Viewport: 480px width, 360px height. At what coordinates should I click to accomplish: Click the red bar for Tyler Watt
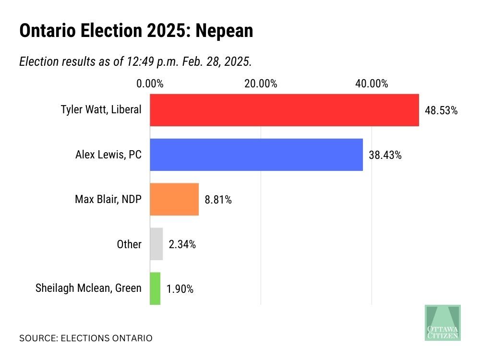point(284,110)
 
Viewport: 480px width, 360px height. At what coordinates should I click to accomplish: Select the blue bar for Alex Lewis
point(256,155)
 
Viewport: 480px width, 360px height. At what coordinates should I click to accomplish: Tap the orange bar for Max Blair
point(174,199)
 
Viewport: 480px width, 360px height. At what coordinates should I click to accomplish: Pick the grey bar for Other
point(156,244)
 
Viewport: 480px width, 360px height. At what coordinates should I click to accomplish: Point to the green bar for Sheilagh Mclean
point(155,288)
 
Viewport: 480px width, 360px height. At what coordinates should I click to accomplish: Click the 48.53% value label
point(441,110)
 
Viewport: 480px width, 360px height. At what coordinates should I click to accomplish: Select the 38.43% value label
point(385,155)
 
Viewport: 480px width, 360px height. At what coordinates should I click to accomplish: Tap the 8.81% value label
point(218,200)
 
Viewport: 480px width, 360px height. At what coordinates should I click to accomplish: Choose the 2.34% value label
point(182,244)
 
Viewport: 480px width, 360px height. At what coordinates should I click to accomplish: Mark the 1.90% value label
point(180,289)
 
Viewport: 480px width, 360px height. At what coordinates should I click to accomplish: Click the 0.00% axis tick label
point(150,84)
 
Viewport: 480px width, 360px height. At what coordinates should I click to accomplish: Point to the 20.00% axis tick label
point(261,84)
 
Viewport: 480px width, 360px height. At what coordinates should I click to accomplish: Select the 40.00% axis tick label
point(372,84)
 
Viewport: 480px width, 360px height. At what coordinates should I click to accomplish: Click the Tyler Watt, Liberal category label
point(101,109)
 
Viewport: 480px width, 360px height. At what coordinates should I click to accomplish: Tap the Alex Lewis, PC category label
point(108,155)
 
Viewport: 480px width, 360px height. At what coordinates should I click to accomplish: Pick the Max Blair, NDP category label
point(108,199)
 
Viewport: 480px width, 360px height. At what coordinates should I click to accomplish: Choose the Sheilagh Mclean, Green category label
point(88,288)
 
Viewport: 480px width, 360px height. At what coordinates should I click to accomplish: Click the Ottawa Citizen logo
point(443,323)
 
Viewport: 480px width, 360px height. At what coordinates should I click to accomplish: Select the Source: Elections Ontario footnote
point(85,338)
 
